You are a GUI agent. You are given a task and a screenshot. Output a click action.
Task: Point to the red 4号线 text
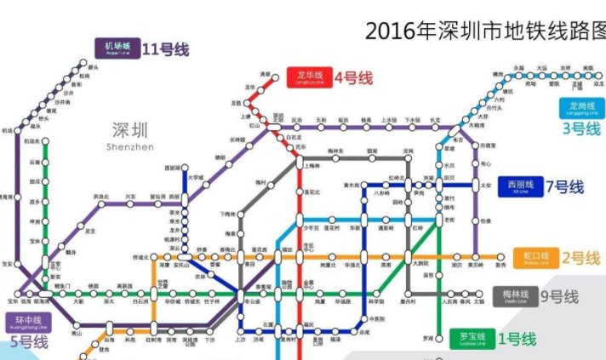pyautogui.click(x=353, y=77)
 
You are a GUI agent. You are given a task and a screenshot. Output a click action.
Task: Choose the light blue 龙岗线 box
pyautogui.click(x=581, y=108)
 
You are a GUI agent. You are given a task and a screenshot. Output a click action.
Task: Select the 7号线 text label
pyautogui.click(x=565, y=187)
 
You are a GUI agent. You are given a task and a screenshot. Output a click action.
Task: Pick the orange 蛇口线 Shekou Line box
pyautogui.click(x=538, y=258)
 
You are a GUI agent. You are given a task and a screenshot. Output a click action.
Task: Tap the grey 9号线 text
pyautogui.click(x=559, y=297)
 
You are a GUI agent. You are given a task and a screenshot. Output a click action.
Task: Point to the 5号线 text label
pyautogui.click(x=29, y=343)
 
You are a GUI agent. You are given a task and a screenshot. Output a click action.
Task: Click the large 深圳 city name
pyautogui.click(x=129, y=130)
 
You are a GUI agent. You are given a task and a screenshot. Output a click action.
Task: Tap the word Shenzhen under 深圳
pyautogui.click(x=130, y=147)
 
